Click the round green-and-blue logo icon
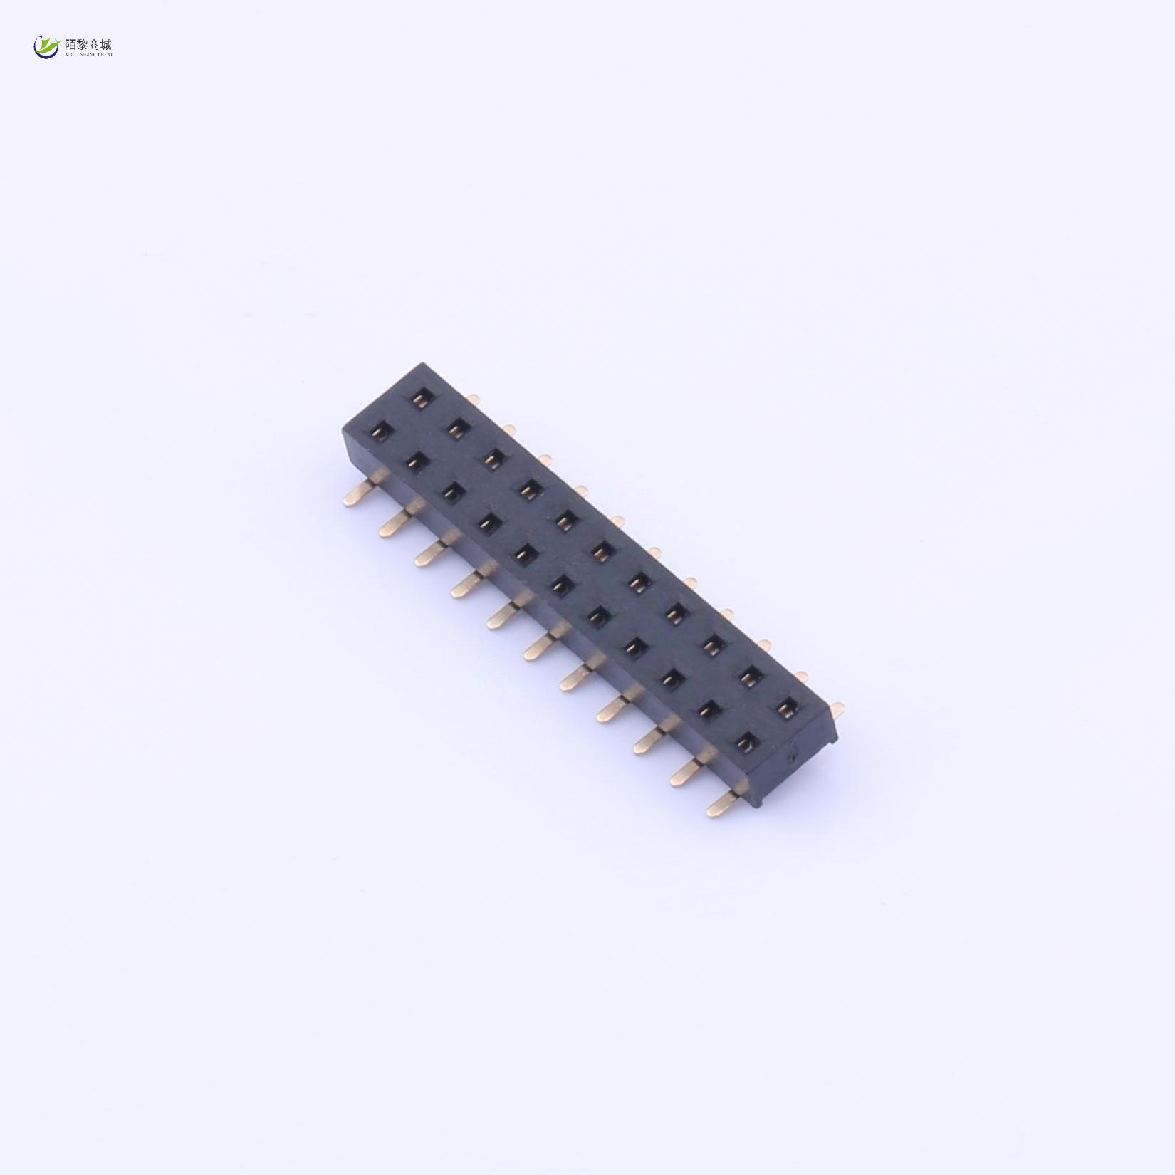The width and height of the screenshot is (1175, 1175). point(46,47)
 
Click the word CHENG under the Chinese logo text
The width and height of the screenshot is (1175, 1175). point(105,54)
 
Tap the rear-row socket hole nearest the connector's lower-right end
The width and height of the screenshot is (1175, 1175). point(785,707)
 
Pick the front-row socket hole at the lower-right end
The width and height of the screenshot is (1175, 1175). point(745,742)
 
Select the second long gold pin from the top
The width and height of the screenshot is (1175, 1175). point(394,524)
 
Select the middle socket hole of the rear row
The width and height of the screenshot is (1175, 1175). point(602,553)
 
